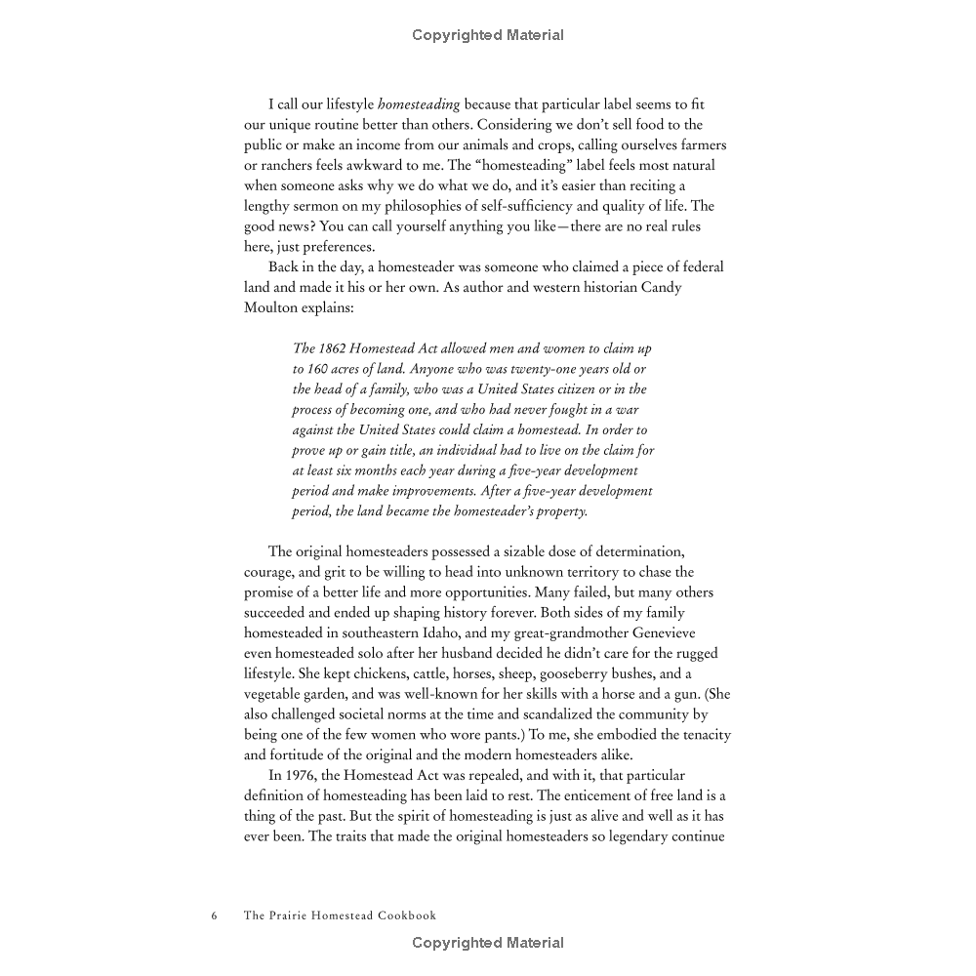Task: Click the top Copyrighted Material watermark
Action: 488,35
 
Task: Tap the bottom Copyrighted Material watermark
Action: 488,943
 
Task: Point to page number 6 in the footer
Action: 214,915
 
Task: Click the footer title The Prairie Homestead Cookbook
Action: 340,915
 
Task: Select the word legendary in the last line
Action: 623,837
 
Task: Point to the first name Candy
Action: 689,288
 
